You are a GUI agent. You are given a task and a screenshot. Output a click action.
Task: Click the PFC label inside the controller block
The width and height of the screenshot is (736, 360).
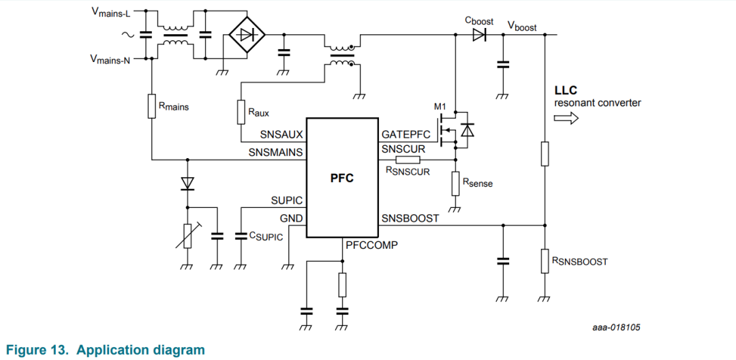point(341,179)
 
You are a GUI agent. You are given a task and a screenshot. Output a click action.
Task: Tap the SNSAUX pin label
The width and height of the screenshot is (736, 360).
point(281,135)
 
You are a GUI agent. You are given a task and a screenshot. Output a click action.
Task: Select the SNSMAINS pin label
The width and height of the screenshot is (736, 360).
point(276,152)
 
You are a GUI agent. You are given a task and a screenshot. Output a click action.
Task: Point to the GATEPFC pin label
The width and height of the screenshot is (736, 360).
point(406,135)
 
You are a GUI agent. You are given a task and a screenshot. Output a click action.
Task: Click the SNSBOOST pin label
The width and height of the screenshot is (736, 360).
point(410,219)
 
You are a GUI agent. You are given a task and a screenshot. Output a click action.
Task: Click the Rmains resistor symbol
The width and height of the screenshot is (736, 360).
point(151,106)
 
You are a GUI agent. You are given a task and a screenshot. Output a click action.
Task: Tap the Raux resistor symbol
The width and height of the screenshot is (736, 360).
point(241,112)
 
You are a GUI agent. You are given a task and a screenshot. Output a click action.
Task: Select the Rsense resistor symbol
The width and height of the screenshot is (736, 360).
point(455,183)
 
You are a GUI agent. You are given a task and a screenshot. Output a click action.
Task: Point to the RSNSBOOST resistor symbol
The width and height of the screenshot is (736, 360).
point(545,261)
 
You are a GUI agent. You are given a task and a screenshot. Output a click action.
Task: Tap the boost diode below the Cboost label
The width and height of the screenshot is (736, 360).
point(479,35)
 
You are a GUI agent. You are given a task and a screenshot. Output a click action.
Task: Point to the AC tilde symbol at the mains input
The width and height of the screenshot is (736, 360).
point(127,35)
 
